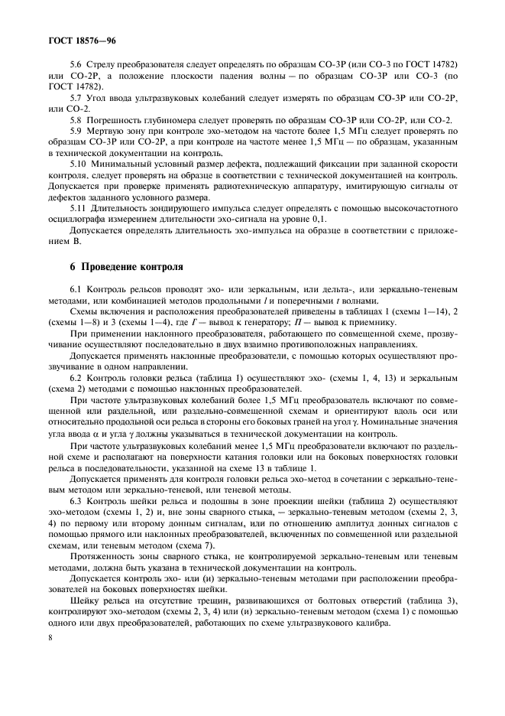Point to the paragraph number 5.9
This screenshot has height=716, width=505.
(x=74, y=131)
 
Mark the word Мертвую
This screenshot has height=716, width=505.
(x=108, y=131)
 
